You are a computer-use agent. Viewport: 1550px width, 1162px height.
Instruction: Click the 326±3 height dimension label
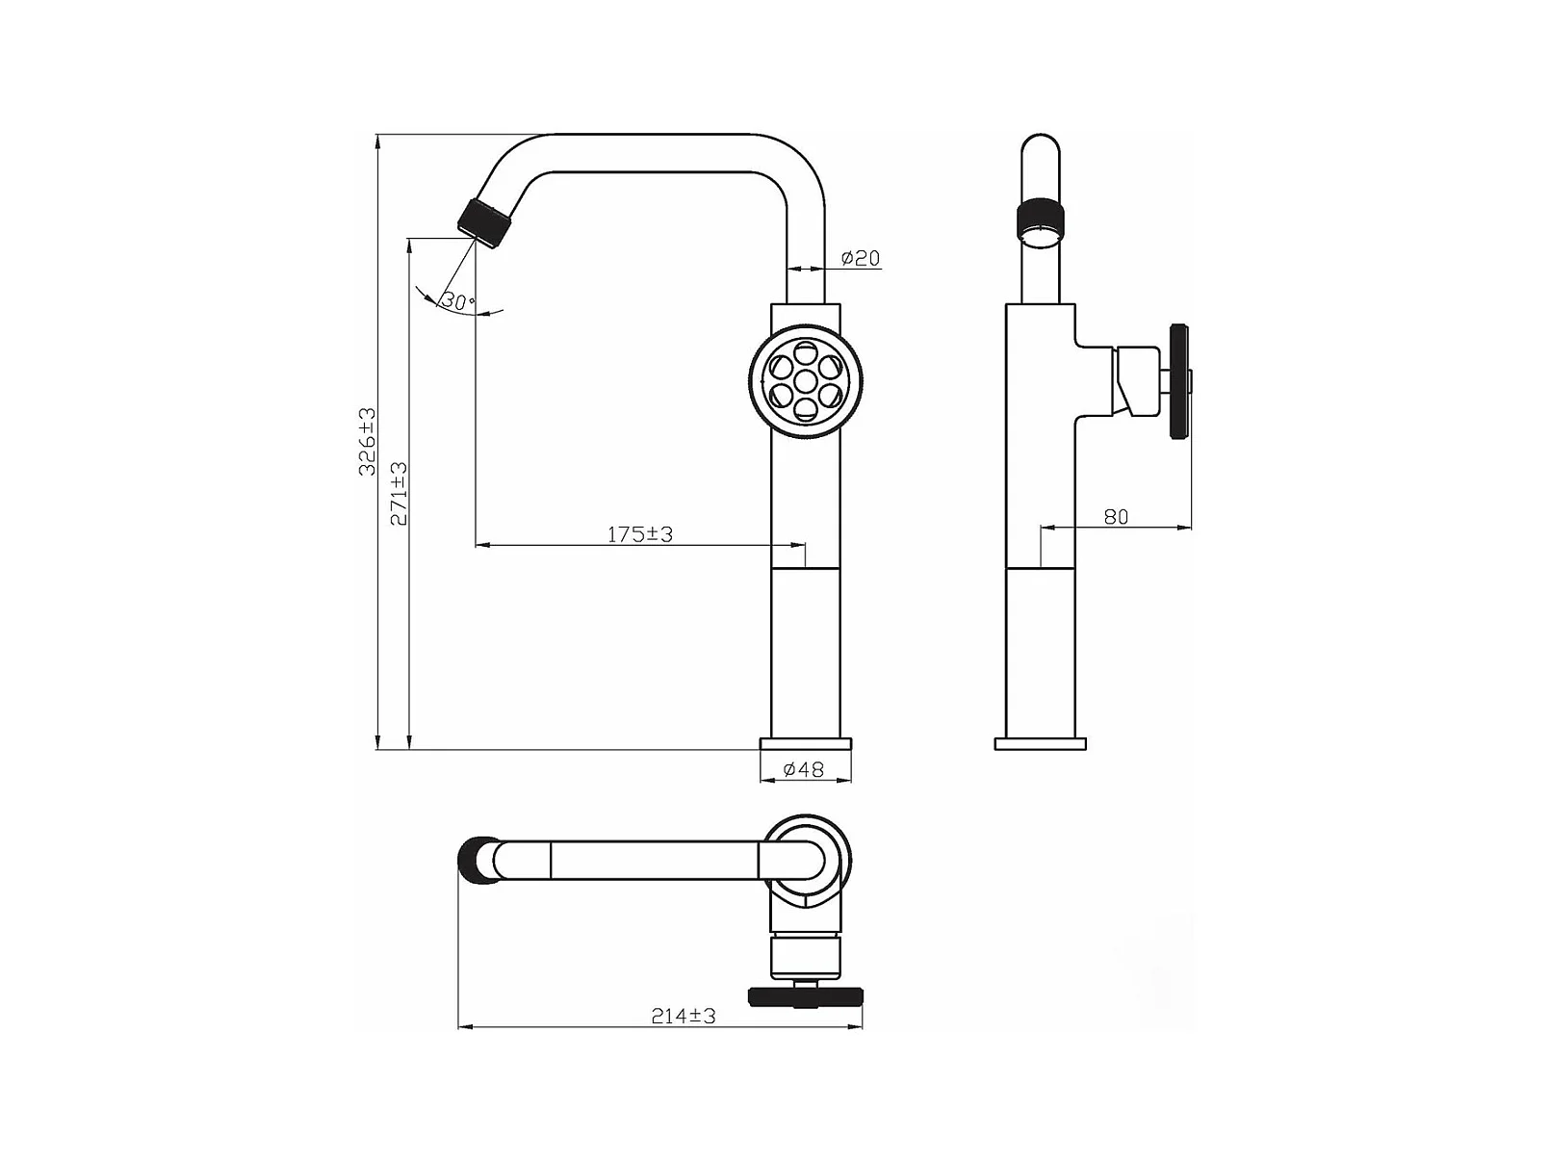click(367, 441)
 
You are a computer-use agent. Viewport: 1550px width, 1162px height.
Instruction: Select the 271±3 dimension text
click(398, 493)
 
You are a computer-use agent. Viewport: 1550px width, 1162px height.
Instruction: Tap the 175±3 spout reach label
click(639, 534)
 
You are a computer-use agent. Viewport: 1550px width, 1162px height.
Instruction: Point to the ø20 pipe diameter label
click(860, 258)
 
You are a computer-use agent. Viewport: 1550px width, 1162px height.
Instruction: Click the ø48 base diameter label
click(804, 769)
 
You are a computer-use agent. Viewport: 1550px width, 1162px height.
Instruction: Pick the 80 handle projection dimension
click(1116, 517)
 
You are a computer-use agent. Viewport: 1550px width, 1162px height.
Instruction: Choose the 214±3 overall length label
click(683, 1016)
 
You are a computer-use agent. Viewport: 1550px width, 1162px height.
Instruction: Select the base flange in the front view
click(806, 744)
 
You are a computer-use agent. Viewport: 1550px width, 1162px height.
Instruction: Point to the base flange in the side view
click(1040, 744)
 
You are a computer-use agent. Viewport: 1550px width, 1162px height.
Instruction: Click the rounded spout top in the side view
click(1040, 154)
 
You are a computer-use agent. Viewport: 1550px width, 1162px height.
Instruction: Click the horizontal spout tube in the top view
click(626, 860)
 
